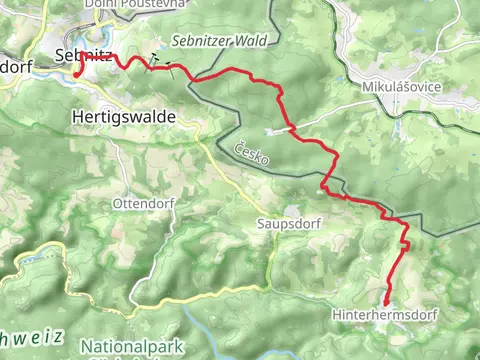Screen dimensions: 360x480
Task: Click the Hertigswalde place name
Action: pyautogui.click(x=124, y=117)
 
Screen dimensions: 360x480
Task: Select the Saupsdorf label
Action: pyautogui.click(x=288, y=224)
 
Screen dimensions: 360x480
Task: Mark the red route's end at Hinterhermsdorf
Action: pyautogui.click(x=386, y=302)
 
